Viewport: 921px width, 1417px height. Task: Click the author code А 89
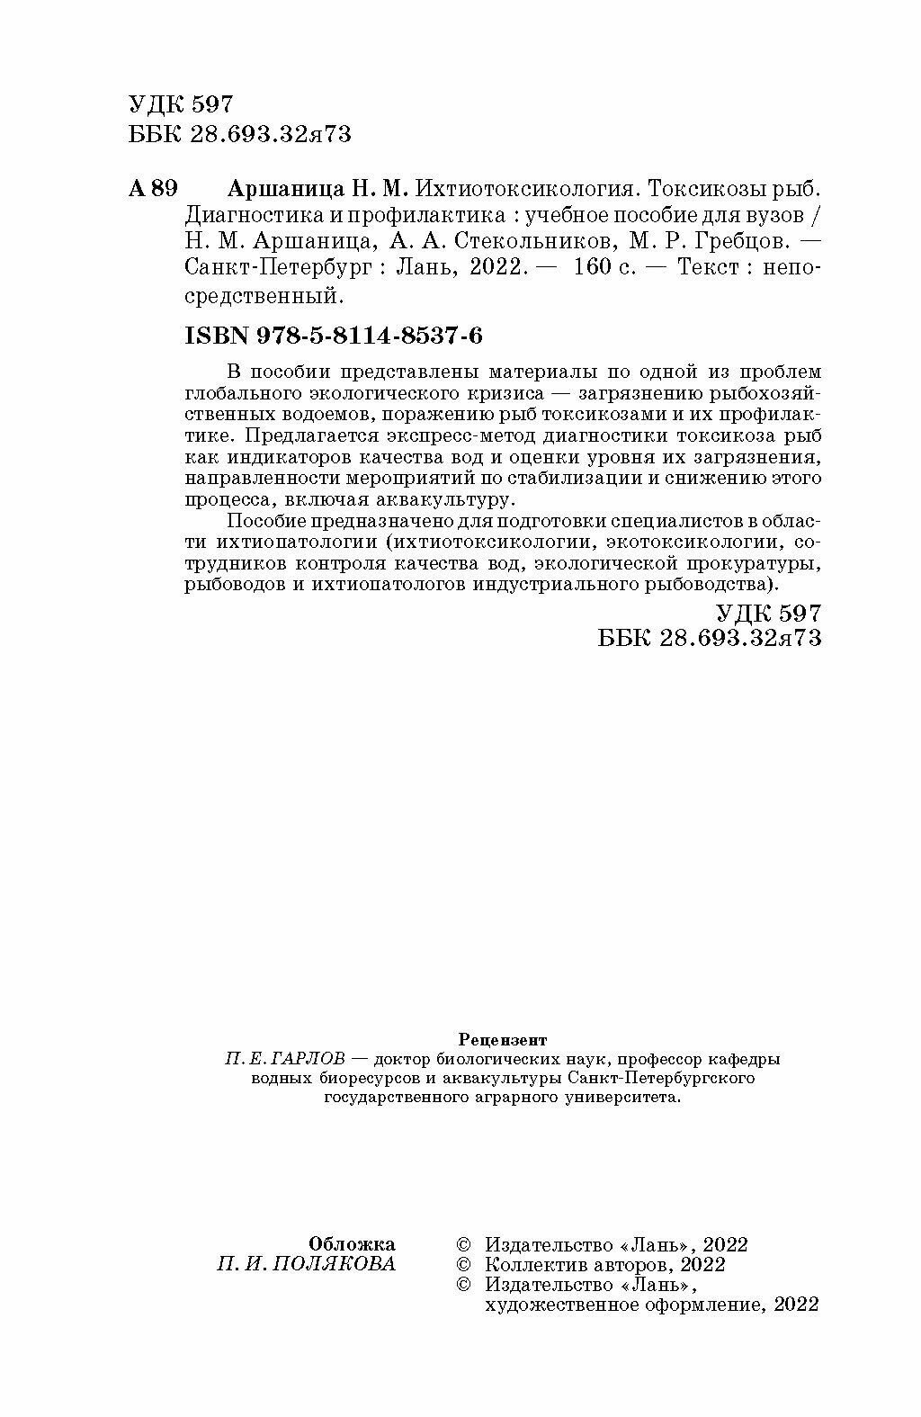click(154, 189)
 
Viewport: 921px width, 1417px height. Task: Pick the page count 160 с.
click(601, 268)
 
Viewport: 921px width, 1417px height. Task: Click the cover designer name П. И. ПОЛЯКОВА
click(307, 1264)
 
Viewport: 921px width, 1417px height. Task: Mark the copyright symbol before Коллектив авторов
click(464, 1265)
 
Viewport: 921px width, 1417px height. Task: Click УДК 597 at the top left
click(181, 104)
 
